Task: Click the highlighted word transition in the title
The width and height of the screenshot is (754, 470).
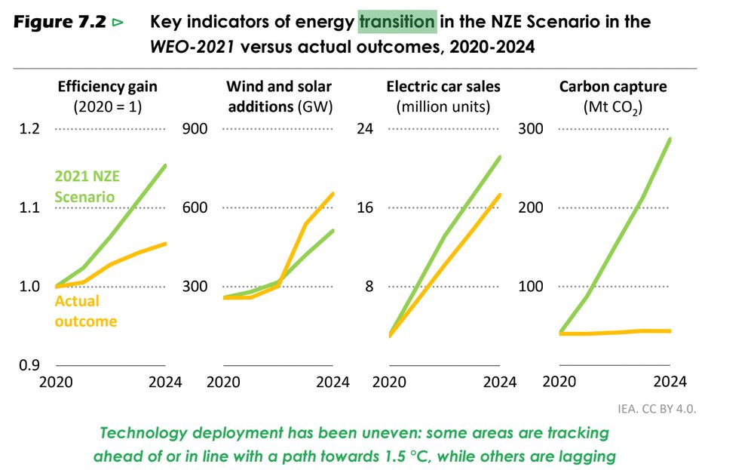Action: click(397, 21)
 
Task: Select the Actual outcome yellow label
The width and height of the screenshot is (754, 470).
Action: click(86, 311)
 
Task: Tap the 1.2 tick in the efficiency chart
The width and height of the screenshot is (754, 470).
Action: click(29, 129)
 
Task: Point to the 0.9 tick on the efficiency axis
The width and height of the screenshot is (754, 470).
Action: click(29, 365)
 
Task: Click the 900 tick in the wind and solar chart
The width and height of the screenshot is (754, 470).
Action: click(195, 129)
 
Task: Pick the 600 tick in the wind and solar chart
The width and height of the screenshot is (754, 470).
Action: click(195, 207)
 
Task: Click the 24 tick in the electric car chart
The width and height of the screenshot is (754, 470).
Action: click(365, 129)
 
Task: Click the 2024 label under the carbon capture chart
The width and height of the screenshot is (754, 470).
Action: click(668, 381)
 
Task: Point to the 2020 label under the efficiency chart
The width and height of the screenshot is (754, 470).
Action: click(55, 381)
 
